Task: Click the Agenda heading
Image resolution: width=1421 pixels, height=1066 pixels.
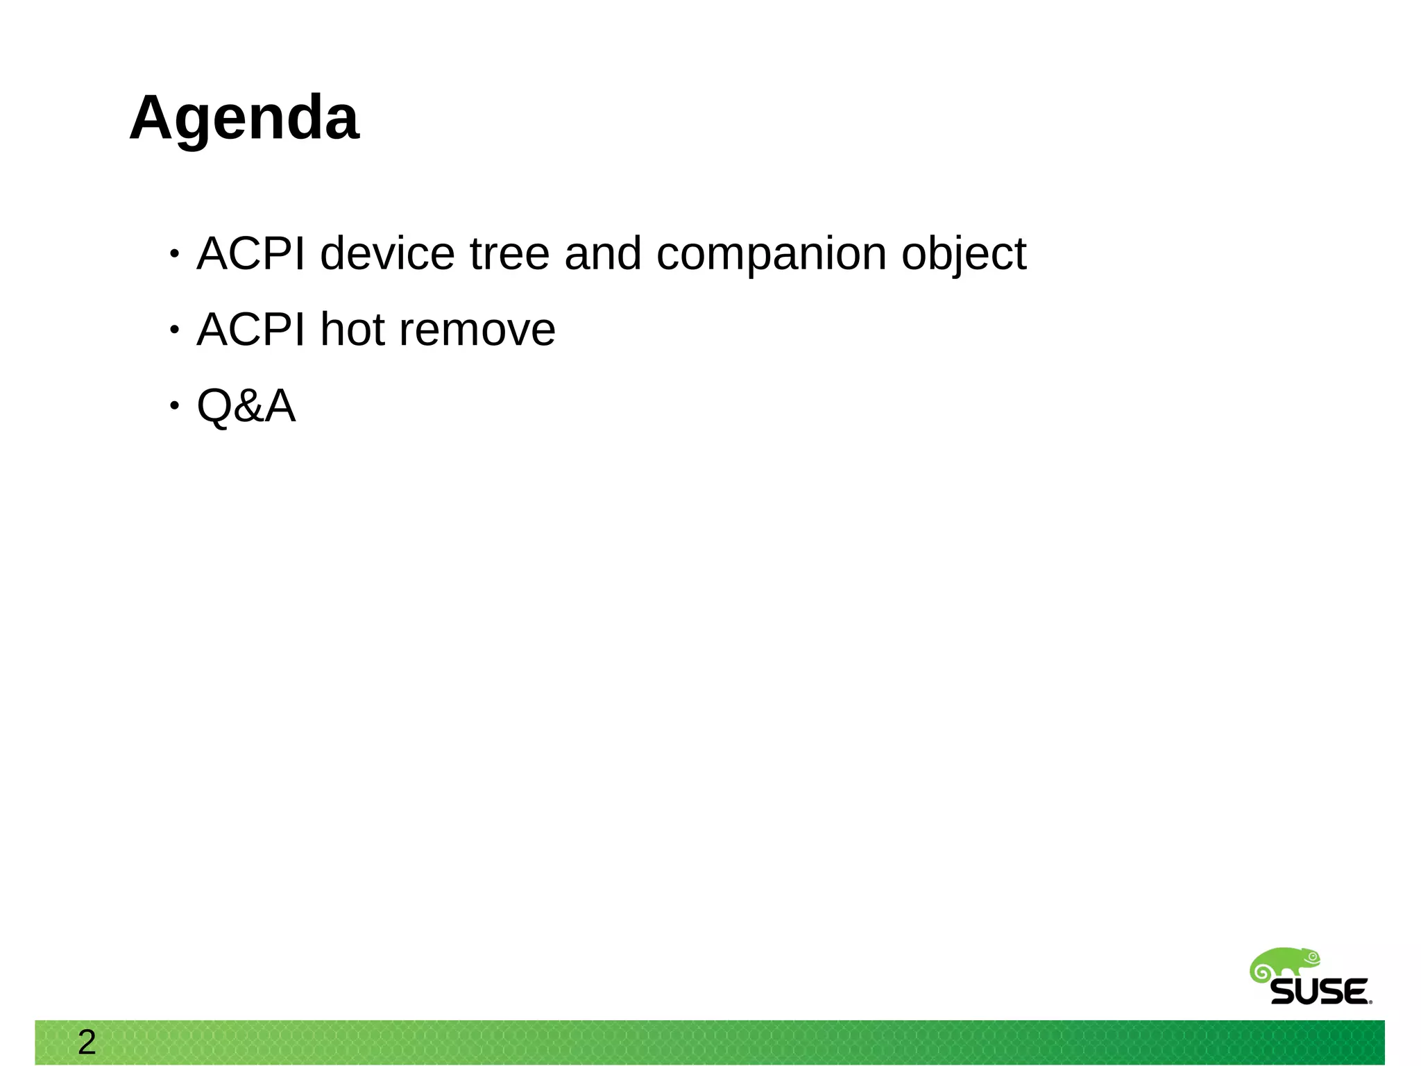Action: point(244,118)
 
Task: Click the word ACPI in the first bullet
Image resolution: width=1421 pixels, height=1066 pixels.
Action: point(250,253)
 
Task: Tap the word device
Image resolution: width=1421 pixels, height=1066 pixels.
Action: point(387,253)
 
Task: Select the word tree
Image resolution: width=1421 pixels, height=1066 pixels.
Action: point(509,253)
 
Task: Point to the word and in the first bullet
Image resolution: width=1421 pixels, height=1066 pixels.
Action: point(602,253)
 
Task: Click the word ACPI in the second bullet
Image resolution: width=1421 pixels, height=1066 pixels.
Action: point(250,330)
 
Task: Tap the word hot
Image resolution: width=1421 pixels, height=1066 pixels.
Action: point(352,330)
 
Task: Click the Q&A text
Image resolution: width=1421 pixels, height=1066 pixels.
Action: point(246,406)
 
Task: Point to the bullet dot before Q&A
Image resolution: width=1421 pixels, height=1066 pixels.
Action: point(175,406)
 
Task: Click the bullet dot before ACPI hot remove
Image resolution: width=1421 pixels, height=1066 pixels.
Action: point(175,330)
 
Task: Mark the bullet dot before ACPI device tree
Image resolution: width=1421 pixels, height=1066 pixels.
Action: point(175,254)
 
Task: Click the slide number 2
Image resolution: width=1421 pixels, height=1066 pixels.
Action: point(87,1042)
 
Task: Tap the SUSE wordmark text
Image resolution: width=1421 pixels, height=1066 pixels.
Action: point(1320,992)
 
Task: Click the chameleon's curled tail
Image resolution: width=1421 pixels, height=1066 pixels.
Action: point(1260,972)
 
